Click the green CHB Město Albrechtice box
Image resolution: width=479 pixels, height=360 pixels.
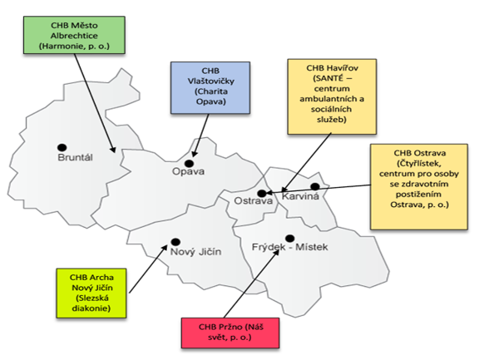pos(74,35)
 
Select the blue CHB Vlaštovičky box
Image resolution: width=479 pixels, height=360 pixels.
pos(210,88)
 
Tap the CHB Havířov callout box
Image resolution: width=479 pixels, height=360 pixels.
pos(332,96)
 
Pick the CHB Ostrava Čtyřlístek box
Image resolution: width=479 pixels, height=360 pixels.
pos(419,186)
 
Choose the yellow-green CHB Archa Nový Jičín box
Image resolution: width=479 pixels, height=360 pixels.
pos(91,293)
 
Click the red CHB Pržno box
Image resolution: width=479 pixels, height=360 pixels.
pos(230,333)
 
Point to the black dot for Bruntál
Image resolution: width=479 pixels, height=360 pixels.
pos(62,147)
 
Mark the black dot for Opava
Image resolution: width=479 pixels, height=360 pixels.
pos(189,163)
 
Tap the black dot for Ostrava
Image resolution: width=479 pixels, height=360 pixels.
pos(262,193)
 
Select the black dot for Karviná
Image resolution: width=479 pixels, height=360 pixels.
pos(315,186)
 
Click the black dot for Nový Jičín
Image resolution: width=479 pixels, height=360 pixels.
pos(175,242)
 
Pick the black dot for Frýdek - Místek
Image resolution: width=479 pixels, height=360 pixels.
pos(289,239)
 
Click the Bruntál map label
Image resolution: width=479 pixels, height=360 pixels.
pos(75,158)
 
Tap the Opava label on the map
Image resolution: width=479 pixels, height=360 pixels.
pos(188,171)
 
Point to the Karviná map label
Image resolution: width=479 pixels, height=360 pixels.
pos(300,196)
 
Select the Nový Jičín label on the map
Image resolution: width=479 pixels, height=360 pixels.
pos(195,252)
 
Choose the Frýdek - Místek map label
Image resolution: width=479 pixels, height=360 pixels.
pos(289,247)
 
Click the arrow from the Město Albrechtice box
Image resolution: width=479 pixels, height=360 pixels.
pos(95,103)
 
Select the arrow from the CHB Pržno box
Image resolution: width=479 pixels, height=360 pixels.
pos(251,284)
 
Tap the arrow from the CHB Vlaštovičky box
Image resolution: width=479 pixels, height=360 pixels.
pos(200,136)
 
